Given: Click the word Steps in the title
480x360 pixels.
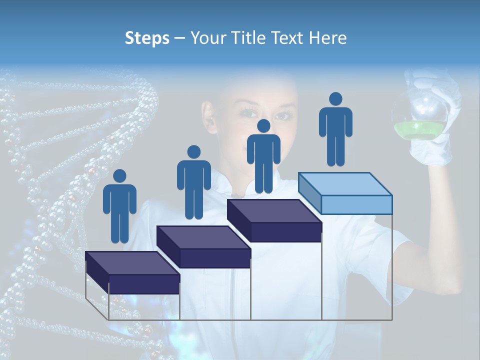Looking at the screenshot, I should click(x=147, y=38).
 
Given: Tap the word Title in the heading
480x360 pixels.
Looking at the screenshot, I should click(x=248, y=38).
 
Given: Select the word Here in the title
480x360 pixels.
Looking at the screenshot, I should click(x=327, y=38).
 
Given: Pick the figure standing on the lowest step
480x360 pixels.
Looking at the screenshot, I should click(x=119, y=210).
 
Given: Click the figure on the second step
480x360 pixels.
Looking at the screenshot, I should click(x=193, y=185).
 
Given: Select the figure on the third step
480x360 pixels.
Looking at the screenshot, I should click(x=263, y=159).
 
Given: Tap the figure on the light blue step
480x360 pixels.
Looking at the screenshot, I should click(x=335, y=132).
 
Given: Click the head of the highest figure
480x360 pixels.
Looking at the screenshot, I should click(x=335, y=99).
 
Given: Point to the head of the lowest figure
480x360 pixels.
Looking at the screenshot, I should click(x=119, y=176).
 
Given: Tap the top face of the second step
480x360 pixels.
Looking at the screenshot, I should click(x=203, y=237).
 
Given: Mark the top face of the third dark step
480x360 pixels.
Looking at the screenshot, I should click(x=273, y=211).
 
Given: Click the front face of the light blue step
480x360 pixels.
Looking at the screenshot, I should click(x=356, y=204).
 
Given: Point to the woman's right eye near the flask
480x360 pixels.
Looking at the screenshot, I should click(x=283, y=115).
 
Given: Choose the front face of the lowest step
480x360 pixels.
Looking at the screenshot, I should click(x=144, y=283).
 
